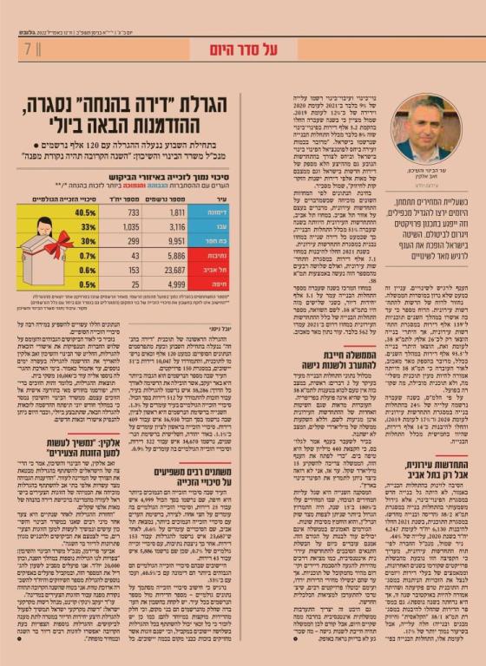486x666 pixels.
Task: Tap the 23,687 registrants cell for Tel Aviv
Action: tap(175, 270)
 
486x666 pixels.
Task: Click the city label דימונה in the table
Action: tap(215, 212)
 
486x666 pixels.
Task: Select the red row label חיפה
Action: tap(216, 284)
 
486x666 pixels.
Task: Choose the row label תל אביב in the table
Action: tap(215, 270)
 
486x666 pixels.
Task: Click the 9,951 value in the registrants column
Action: tap(175, 240)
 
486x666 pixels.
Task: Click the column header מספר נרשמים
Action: tap(174, 198)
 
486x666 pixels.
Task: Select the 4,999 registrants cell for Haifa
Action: tap(175, 284)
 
